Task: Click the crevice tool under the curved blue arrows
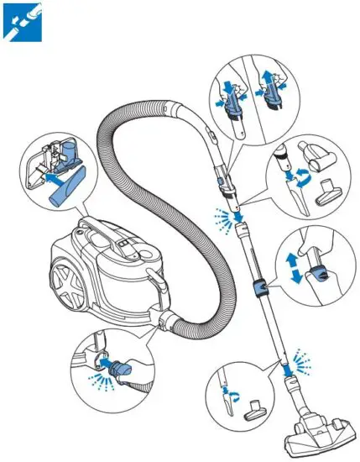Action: coord(285,189)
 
